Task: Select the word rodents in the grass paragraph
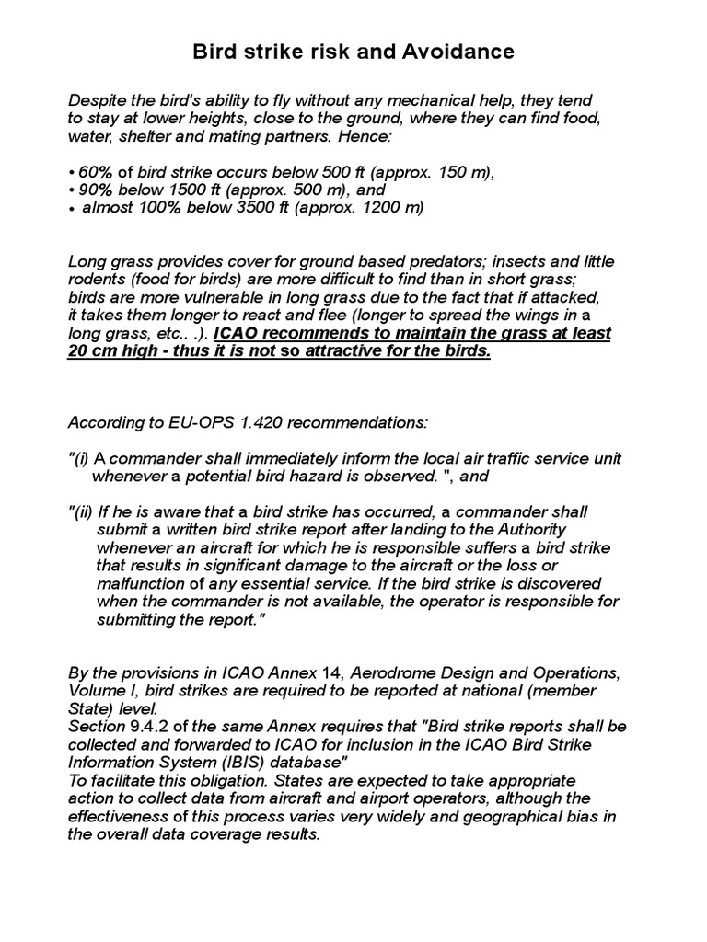pyautogui.click(x=96, y=279)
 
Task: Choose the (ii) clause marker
pyautogui.click(x=83, y=512)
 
